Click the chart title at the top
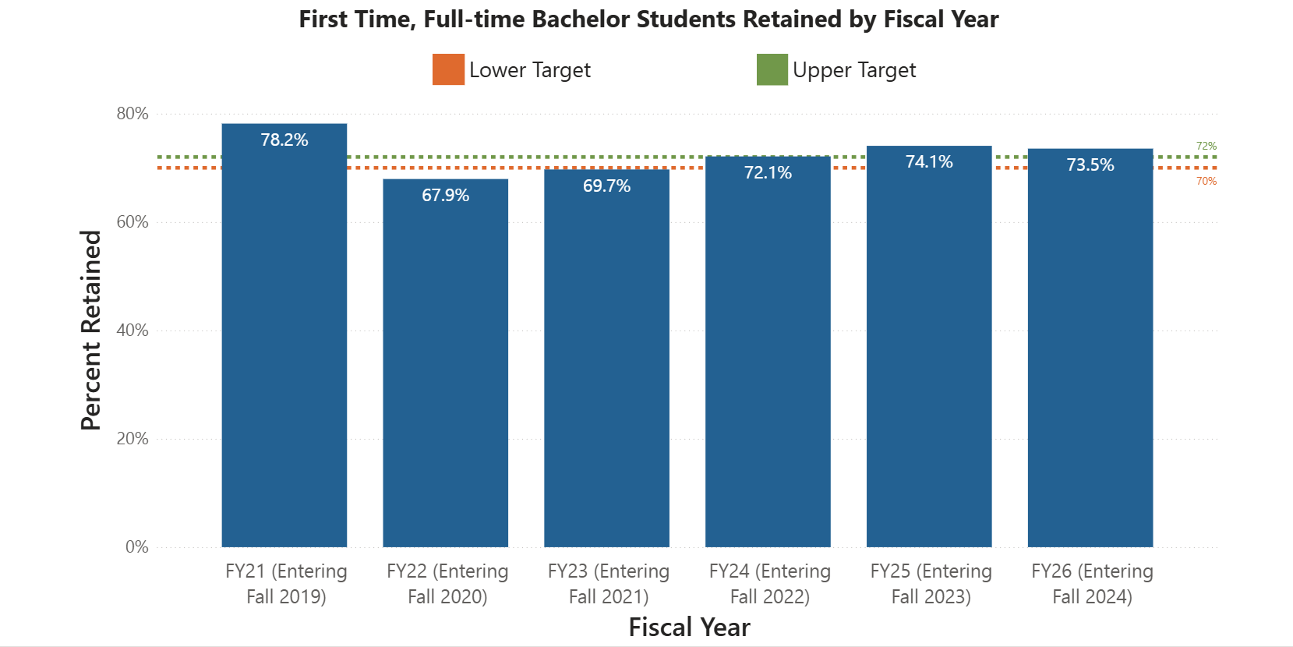648,19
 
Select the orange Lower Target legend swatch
448,69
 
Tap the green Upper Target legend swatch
772,69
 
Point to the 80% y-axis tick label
132,114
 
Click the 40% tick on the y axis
132,331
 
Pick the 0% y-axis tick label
137,547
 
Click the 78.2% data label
284,140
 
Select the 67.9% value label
445,196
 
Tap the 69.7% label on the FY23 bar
606,186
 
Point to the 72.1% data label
768,173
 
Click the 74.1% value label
929,162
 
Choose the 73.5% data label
1090,165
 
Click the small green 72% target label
1206,147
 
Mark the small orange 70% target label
1206,182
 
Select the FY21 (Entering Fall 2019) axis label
286,584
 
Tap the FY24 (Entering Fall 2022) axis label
770,584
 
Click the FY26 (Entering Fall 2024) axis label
1092,584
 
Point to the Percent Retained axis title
91,331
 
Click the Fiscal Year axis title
689,628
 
